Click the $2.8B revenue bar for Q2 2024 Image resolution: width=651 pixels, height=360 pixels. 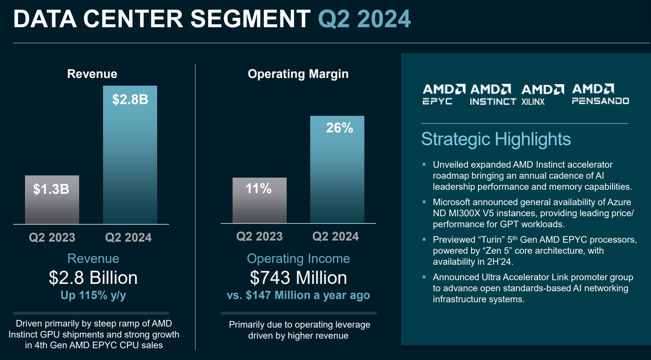click(x=130, y=154)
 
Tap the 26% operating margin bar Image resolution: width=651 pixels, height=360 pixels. click(x=337, y=169)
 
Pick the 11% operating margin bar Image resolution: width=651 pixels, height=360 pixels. click(x=259, y=200)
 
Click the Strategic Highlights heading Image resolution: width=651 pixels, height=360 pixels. click(x=496, y=139)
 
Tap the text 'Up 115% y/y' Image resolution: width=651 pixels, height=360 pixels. click(x=93, y=295)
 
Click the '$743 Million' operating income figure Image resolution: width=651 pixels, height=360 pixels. click(x=298, y=278)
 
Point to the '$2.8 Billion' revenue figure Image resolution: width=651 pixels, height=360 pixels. click(x=93, y=278)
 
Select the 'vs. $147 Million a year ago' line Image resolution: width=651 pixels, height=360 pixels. click(x=298, y=295)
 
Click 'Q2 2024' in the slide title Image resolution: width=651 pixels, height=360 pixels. click(x=364, y=19)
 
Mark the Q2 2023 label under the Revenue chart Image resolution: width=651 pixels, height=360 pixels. click(x=52, y=238)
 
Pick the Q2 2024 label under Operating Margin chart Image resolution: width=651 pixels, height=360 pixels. click(x=335, y=236)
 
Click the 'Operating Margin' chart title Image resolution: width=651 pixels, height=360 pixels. click(x=298, y=74)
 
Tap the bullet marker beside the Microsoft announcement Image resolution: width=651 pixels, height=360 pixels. click(x=424, y=202)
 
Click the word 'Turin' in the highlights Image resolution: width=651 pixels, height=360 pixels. click(x=491, y=240)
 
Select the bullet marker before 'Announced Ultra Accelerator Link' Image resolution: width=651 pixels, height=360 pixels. click(x=424, y=277)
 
